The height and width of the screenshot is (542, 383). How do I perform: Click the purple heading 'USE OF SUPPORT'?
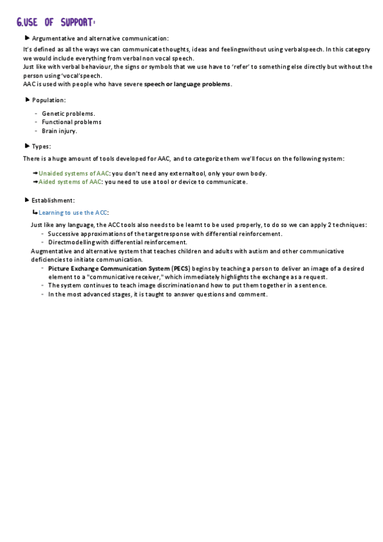tap(61, 23)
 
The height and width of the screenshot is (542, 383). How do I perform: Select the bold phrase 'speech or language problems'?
tap(188, 84)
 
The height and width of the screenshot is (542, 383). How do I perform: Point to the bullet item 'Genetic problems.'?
tap(68, 113)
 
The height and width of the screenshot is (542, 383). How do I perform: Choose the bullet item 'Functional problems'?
tap(72, 122)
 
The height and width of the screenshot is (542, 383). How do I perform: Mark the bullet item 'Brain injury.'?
tap(59, 131)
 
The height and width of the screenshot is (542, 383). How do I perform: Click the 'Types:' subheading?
tap(42, 146)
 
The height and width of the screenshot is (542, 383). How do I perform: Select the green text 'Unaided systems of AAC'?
tap(74, 173)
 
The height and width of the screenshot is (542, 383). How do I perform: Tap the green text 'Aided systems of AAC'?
tap(70, 182)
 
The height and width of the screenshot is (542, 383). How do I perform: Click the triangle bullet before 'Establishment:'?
tap(26, 200)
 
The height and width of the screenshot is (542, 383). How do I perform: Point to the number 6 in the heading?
tap(20, 24)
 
